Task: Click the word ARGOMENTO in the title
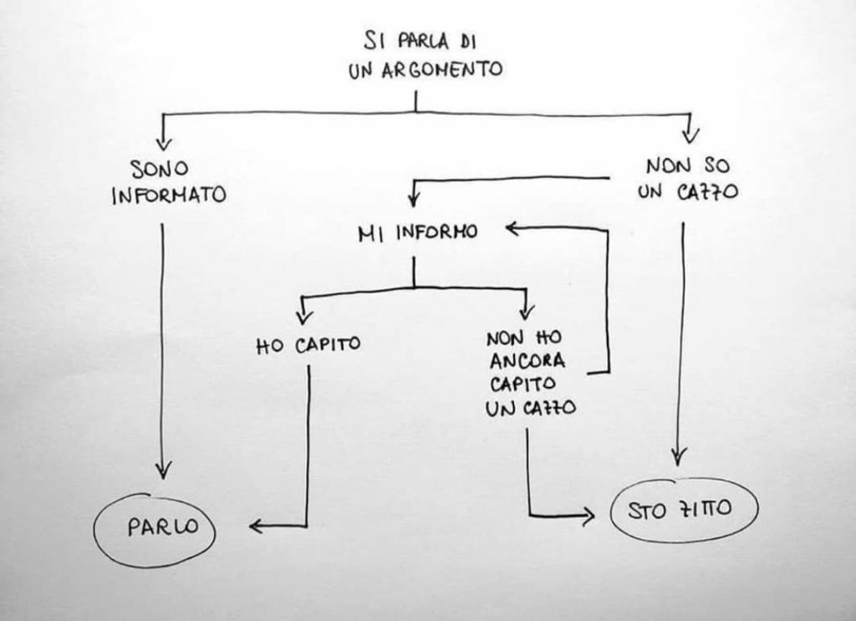tap(442, 69)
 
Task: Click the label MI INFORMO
tap(417, 232)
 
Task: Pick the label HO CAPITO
tap(308, 344)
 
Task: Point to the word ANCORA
tap(528, 362)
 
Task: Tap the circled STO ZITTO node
tap(684, 509)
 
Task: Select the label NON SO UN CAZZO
tap(687, 179)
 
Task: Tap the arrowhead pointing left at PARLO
tap(256, 526)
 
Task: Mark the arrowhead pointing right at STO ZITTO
tap(587, 516)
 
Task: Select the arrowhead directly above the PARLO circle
tap(163, 470)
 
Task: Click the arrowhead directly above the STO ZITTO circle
tap(680, 456)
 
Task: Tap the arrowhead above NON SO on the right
tap(690, 135)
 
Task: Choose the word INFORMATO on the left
tap(169, 196)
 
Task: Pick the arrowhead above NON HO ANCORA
tap(526, 312)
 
